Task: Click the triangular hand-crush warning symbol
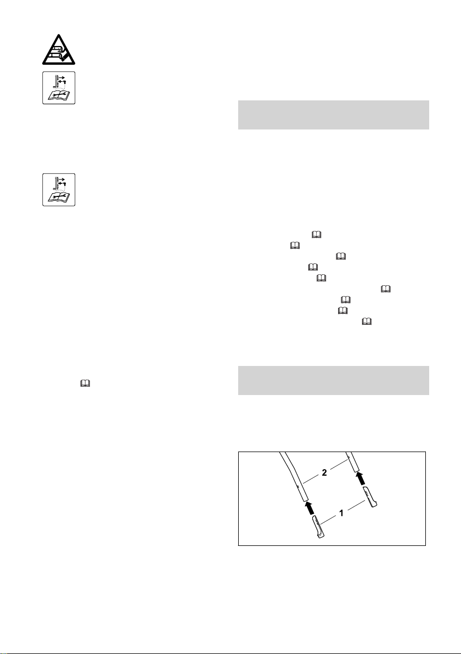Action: click(x=59, y=49)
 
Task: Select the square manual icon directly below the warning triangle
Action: click(x=59, y=88)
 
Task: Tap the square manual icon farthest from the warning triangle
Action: click(x=59, y=189)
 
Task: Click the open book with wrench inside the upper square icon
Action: click(x=59, y=95)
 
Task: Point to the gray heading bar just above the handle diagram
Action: click(x=333, y=380)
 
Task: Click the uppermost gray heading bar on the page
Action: click(x=333, y=115)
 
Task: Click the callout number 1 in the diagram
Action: click(x=342, y=513)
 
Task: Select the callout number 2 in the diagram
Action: click(x=324, y=472)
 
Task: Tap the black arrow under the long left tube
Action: click(x=309, y=509)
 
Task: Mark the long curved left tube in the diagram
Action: click(x=296, y=478)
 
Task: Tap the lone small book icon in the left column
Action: click(x=85, y=384)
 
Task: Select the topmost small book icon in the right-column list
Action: click(x=316, y=235)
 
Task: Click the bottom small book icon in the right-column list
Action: click(x=367, y=322)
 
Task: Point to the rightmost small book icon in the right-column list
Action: click(x=385, y=289)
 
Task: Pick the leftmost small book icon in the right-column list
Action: click(x=294, y=246)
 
